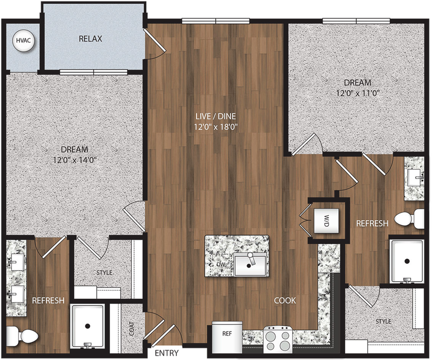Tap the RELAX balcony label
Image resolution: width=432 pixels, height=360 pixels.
[90, 39]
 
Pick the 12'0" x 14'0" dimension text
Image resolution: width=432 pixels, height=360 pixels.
[74, 160]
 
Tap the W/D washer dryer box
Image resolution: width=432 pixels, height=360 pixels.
[326, 221]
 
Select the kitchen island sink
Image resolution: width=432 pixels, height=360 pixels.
[250, 264]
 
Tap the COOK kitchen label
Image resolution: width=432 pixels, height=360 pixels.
[285, 301]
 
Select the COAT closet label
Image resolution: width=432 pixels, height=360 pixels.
[131, 329]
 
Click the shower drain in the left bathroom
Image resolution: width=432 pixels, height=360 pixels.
[88, 326]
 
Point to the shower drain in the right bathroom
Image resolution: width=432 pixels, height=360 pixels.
[406, 261]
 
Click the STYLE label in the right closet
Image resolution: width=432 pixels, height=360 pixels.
[383, 322]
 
